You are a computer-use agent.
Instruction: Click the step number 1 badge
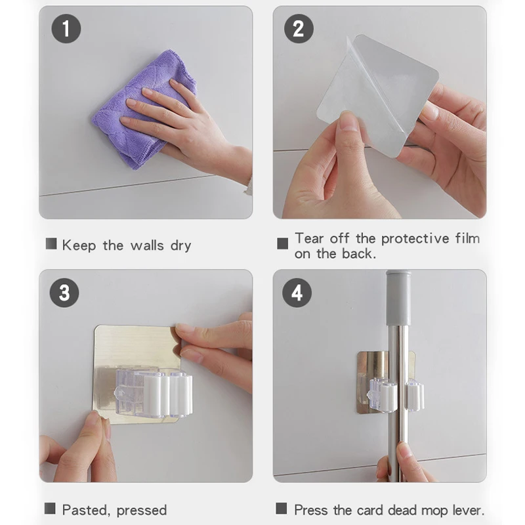coord(66,28)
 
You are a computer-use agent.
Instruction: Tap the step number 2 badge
coord(299,28)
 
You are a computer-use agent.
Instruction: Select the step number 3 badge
coord(64,293)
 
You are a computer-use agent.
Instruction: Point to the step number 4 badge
coord(297,293)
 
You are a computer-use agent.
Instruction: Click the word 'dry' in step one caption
coord(181,246)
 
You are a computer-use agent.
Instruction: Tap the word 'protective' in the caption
coord(415,239)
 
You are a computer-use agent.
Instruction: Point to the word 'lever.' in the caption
coord(469,511)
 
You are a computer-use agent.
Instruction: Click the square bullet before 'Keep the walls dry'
coord(51,243)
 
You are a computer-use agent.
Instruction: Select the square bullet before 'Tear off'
coord(283,243)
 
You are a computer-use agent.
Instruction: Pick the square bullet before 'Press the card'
coord(282,508)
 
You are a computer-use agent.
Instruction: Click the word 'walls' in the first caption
coord(147,245)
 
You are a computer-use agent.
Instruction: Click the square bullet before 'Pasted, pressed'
coord(50,508)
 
